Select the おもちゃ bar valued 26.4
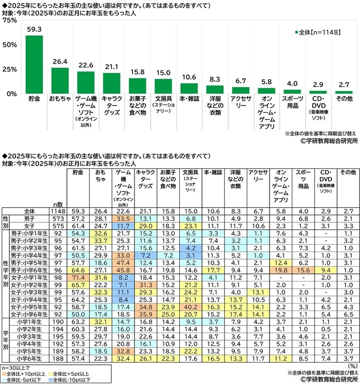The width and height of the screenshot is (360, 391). [x=60, y=80]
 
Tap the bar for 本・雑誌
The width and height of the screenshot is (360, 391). [x=189, y=88]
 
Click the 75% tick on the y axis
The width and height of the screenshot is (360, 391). [x=9, y=21]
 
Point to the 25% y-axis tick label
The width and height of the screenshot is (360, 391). [x=9, y=69]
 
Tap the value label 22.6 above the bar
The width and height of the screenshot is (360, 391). [x=86, y=65]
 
